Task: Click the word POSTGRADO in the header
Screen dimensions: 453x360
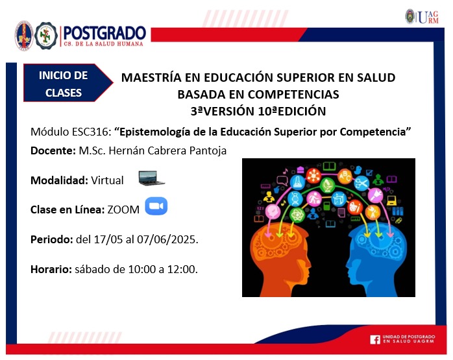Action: coord(104,33)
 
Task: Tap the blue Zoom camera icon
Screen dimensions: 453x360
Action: coord(156,206)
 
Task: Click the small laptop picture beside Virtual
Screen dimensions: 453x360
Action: coord(151,178)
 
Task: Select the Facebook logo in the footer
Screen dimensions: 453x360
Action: coord(375,339)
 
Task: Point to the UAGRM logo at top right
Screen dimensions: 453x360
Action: coord(422,17)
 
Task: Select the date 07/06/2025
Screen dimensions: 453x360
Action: coord(167,239)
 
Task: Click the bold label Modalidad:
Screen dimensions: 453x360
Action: coord(59,180)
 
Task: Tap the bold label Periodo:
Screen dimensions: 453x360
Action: coord(52,239)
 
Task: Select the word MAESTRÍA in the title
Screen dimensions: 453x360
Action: coord(151,77)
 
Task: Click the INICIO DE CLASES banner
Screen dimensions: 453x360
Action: coord(68,83)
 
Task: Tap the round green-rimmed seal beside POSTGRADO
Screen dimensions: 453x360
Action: coord(46,36)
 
